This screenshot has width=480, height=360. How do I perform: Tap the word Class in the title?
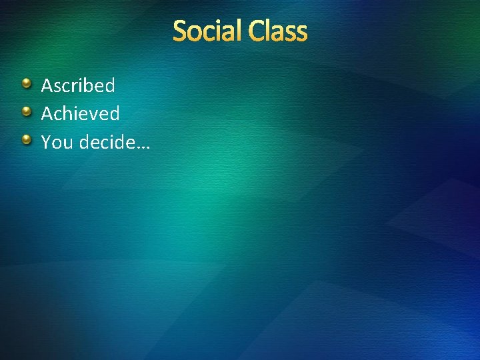click(x=279, y=31)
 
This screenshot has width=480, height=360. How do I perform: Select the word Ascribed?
click(x=78, y=85)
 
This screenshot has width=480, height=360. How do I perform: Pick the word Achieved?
click(x=80, y=114)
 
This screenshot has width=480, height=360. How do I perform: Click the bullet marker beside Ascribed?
click(x=26, y=83)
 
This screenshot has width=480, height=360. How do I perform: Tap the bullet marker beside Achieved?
click(x=26, y=111)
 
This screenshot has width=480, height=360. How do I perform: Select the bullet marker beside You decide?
click(x=26, y=140)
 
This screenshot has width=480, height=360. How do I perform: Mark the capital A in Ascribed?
click(x=47, y=85)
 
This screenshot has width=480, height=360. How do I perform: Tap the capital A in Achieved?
click(x=47, y=114)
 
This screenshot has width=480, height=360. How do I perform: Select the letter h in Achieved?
click(x=71, y=114)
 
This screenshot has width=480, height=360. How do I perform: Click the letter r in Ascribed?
click(x=76, y=87)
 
